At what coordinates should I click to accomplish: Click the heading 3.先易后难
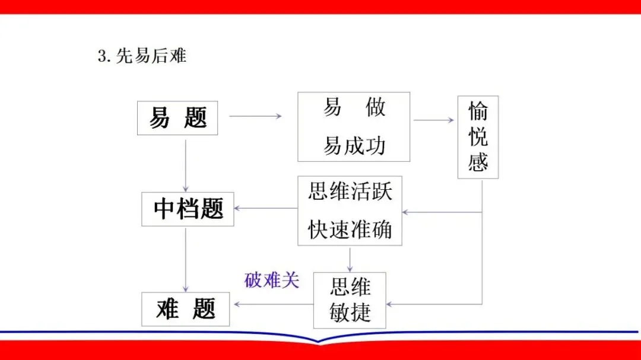[142, 56]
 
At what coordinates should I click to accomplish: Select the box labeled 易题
[177, 118]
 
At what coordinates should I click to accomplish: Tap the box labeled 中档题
[188, 209]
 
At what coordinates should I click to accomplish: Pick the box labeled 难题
[186, 309]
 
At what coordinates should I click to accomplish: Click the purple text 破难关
[271, 280]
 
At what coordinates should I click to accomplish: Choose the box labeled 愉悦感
[478, 137]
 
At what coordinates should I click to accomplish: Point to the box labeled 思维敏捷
[350, 300]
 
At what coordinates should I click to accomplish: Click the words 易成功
[354, 145]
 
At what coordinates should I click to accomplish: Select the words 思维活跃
[350, 192]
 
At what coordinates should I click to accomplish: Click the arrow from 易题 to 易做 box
[255, 116]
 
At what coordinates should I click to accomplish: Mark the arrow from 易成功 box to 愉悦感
[433, 120]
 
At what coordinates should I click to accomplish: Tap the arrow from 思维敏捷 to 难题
[273, 305]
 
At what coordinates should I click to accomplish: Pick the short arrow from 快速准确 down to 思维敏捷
[350, 259]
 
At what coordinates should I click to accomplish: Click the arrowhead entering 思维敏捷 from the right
[391, 305]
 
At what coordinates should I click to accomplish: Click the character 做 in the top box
[376, 107]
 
